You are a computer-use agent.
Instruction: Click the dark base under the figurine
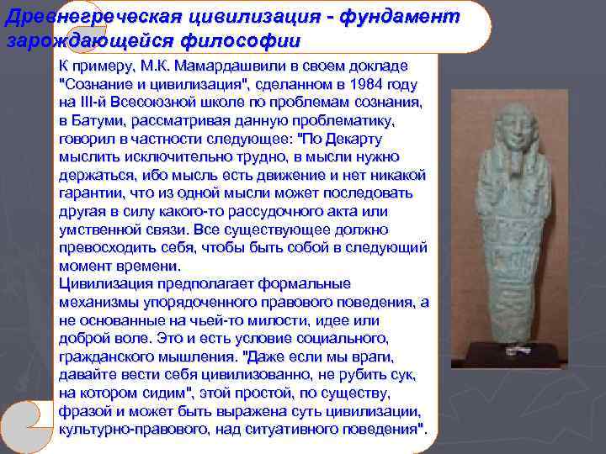pyautogui.click(x=516, y=353)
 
